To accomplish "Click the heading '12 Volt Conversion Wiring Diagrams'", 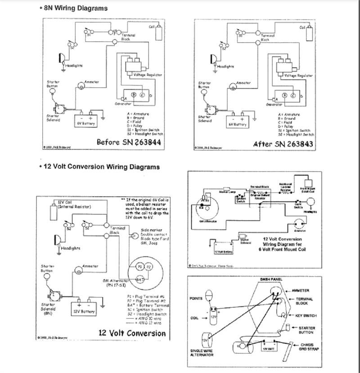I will [x=101, y=166].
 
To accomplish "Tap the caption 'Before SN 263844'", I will [x=129, y=142].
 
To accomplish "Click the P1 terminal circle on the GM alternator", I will [x=140, y=266].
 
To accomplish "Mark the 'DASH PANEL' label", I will [x=271, y=279].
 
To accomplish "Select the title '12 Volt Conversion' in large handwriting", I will [x=132, y=333].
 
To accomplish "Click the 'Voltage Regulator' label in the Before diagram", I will [x=147, y=75].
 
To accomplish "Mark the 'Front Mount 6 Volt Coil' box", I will [x=309, y=189].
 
